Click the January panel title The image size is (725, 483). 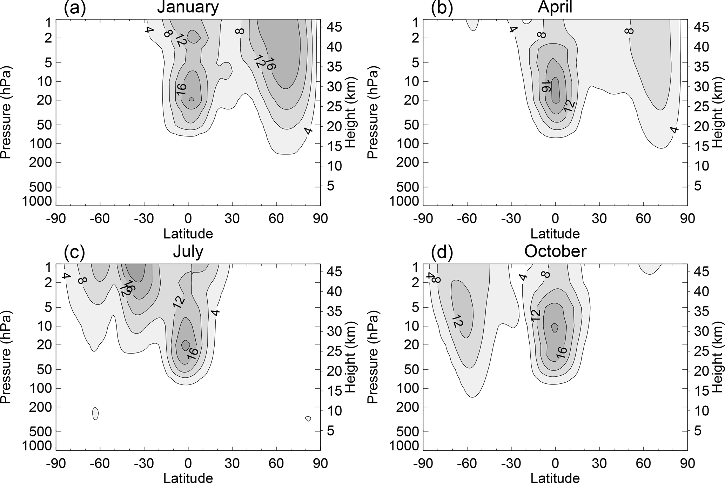pyautogui.click(x=188, y=7)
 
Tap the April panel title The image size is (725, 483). pyautogui.click(x=555, y=7)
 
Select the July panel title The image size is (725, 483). pyautogui.click(x=188, y=252)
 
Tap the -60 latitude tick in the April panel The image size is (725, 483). pyautogui.click(x=467, y=219)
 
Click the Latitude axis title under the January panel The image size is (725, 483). pyautogui.click(x=188, y=234)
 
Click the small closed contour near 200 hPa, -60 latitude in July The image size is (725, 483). pyautogui.click(x=95, y=413)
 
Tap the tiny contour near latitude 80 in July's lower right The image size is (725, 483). pyautogui.click(x=308, y=418)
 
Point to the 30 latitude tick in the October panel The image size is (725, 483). pyautogui.click(x=599, y=463)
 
